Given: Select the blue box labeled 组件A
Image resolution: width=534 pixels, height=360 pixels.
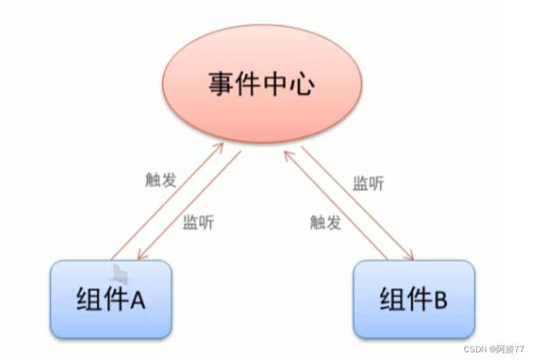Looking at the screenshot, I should click(x=110, y=299).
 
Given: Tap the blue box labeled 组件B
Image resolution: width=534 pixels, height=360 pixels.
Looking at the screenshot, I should click(x=413, y=299).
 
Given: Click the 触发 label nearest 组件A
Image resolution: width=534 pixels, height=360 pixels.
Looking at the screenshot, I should click(x=161, y=180).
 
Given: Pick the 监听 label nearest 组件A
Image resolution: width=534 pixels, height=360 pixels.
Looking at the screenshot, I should click(x=198, y=223).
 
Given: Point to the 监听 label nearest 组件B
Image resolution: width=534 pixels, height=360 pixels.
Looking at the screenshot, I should click(x=368, y=184).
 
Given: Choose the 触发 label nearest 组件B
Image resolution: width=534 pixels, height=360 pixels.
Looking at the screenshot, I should click(x=325, y=222).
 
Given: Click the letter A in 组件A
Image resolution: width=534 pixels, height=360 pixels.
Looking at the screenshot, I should click(x=138, y=299).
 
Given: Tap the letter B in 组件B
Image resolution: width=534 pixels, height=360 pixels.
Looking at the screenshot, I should click(x=440, y=299).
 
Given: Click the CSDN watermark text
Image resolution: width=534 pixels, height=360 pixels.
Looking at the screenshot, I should click(x=475, y=350).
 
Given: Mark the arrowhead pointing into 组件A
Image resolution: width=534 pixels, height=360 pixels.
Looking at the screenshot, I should click(x=142, y=255).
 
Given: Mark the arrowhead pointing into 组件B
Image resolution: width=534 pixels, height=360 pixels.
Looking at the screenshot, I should click(x=409, y=257).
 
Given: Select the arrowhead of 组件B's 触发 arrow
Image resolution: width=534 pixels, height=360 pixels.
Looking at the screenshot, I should click(x=288, y=154).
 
